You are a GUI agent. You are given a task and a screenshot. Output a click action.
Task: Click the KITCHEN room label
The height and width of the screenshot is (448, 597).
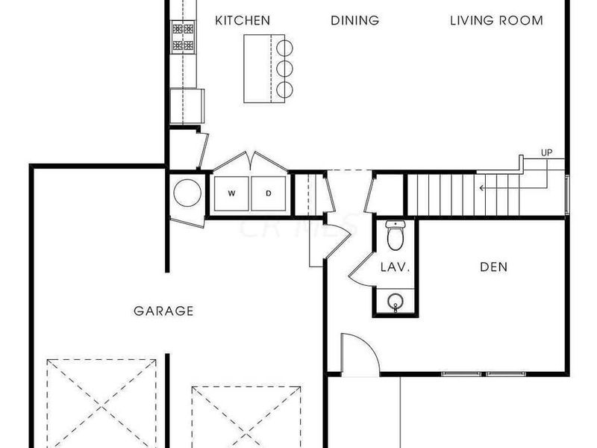[243, 20]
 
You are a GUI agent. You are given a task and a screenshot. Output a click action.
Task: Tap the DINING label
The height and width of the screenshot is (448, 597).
[354, 20]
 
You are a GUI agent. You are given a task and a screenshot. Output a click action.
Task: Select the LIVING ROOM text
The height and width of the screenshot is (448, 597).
[496, 20]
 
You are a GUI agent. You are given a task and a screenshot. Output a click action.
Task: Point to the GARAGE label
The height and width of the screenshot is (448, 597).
[163, 311]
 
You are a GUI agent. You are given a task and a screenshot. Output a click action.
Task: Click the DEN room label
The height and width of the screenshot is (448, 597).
[493, 267]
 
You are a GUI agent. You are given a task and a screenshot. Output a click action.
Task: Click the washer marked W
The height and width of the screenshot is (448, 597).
[231, 194]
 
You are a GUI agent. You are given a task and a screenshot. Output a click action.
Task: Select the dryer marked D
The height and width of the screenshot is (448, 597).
[269, 194]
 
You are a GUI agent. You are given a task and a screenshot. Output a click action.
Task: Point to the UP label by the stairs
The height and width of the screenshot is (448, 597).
[547, 153]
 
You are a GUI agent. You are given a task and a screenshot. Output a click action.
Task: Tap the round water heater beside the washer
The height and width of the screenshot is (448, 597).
[187, 193]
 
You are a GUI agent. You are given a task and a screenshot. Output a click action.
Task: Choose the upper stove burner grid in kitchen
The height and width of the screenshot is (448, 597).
[183, 29]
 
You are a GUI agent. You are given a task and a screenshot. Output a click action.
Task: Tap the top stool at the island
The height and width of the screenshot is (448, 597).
[284, 47]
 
